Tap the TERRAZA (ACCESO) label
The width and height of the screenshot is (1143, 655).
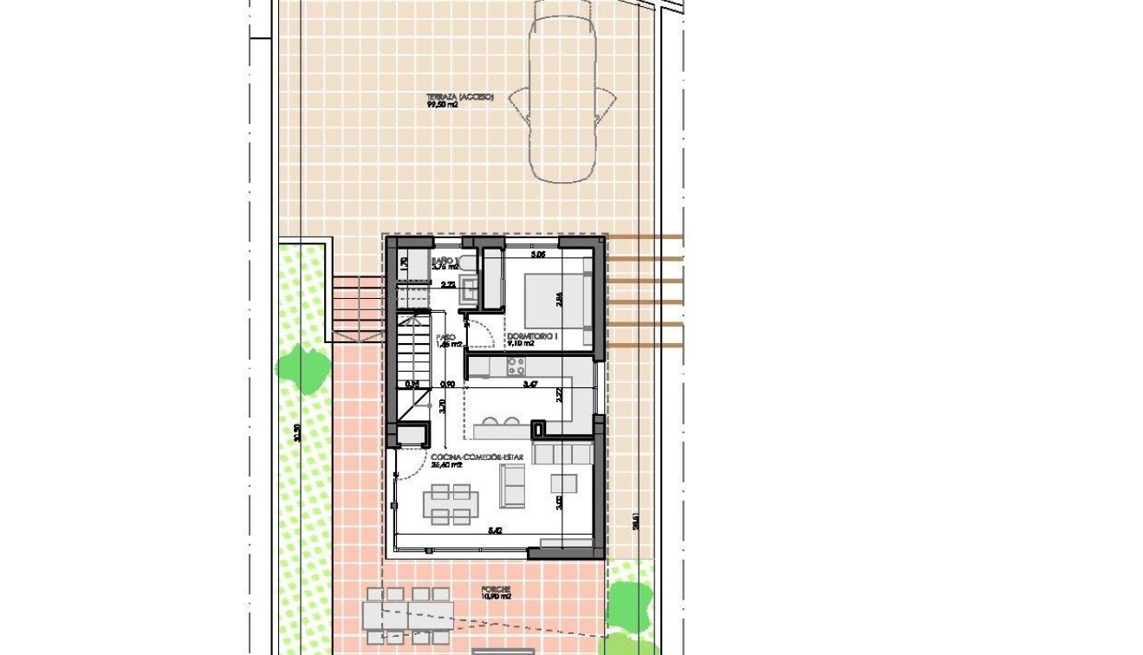tap(459, 98)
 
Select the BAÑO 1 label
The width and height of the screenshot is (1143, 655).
tap(444, 260)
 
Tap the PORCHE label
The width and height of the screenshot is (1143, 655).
tap(497, 589)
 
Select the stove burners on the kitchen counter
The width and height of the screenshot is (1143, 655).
tap(517, 366)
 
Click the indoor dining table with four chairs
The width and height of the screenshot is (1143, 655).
tap(451, 504)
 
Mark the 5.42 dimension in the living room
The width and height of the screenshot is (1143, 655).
tap(495, 530)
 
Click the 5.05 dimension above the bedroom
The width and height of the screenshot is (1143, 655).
tap(537, 255)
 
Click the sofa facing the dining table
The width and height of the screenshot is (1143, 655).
tap(512, 486)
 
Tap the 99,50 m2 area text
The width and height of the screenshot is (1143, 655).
tap(442, 106)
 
